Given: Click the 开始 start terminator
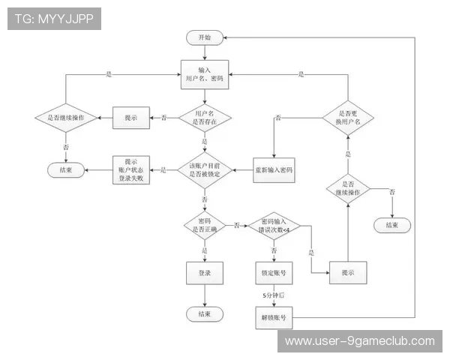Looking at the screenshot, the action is tap(205, 37).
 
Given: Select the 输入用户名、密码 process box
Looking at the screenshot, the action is tap(205, 74).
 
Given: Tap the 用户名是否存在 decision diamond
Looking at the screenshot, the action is tap(205, 118).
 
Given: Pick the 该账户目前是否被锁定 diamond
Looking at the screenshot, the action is tap(205, 170).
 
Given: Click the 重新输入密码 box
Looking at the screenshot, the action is tap(274, 170).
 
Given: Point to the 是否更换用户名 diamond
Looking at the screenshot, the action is tap(348, 118).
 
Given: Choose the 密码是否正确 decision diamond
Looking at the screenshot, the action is tap(205, 226).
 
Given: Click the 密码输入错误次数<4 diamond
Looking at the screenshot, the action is tap(274, 226).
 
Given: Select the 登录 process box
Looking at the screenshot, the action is tap(205, 273).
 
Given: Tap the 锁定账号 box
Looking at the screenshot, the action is tap(274, 273).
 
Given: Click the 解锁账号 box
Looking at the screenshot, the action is tap(274, 317).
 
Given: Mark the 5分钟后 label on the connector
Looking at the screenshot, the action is tap(274, 295).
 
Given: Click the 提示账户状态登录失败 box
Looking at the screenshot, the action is tap(131, 170).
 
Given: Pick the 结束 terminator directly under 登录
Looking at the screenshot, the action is tap(205, 314).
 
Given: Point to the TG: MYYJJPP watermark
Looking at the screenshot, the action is tap(54, 19).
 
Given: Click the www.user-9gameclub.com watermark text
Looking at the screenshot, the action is tap(360, 341).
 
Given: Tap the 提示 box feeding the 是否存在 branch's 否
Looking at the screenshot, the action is tap(131, 118).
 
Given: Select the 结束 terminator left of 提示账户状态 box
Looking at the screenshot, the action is tap(66, 170).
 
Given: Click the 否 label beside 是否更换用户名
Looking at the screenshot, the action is tap(278, 118).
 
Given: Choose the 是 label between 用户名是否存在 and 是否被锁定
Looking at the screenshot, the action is tap(204, 142).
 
